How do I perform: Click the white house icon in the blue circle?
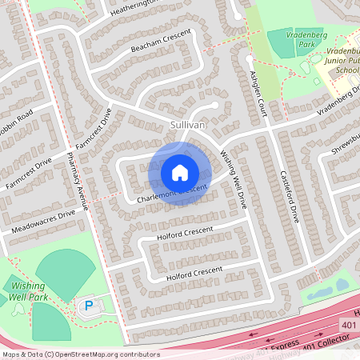pyautogui.click(x=180, y=172)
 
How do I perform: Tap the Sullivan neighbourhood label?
pyautogui.click(x=189, y=126)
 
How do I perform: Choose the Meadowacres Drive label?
pyautogui.click(x=44, y=222)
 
